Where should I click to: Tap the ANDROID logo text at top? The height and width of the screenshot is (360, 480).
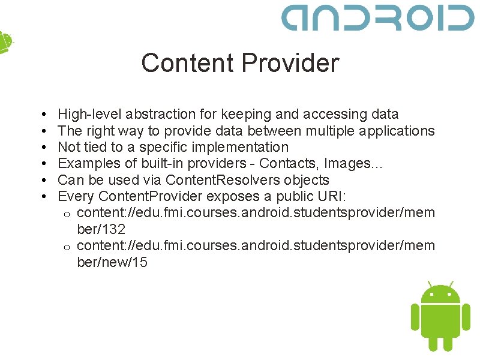click(x=378, y=18)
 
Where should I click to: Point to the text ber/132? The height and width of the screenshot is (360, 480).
click(x=101, y=229)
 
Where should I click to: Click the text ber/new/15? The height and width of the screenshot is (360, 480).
click(x=112, y=262)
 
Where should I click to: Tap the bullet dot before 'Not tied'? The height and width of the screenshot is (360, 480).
click(x=46, y=147)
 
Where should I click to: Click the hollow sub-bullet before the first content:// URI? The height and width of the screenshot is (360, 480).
click(x=68, y=214)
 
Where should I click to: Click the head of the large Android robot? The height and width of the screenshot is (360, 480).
click(x=440, y=293)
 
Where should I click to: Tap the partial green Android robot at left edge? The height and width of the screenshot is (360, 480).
click(x=5, y=42)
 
